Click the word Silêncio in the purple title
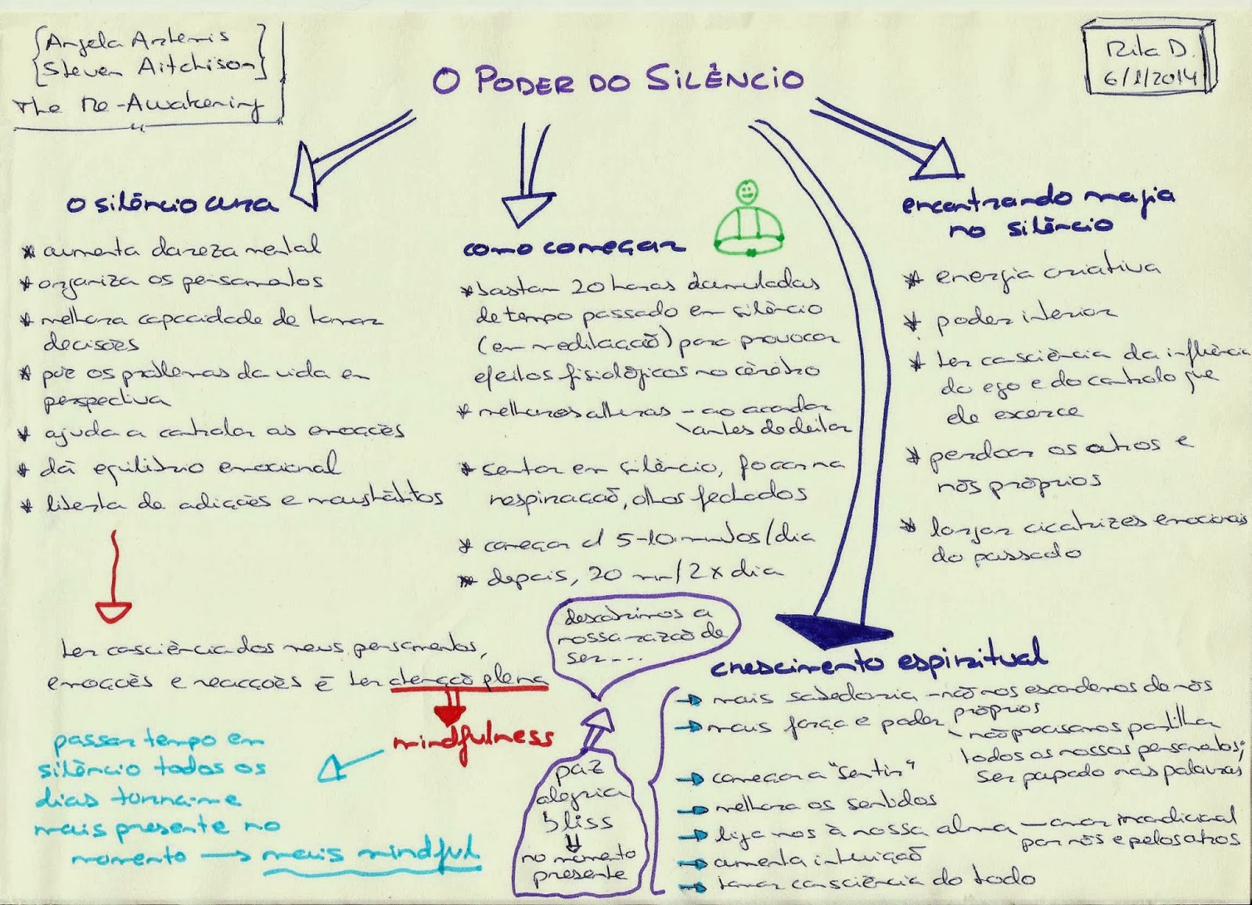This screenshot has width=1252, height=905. point(725,79)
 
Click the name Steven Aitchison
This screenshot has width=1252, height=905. point(149,68)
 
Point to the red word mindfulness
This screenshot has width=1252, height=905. point(473,737)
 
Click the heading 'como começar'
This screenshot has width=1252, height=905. point(574,248)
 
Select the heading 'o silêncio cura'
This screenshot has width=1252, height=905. point(171,205)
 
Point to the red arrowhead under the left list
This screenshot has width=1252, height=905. point(113,611)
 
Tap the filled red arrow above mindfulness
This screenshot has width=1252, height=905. point(450,709)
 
